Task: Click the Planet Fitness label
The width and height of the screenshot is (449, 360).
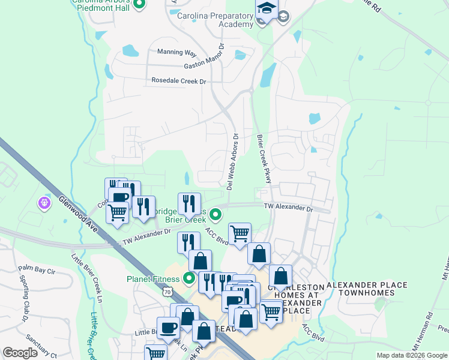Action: pos(152,279)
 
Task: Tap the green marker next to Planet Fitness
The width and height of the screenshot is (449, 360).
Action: pos(189,278)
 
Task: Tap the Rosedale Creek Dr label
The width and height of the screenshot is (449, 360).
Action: pos(178,80)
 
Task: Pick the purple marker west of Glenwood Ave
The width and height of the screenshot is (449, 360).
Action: pos(44,204)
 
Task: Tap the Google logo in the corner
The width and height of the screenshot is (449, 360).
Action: pos(20,353)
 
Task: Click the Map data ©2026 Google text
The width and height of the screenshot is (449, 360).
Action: pos(412,355)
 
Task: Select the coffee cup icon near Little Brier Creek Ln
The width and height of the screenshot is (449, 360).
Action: pos(167,326)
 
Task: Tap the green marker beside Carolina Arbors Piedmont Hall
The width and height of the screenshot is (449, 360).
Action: pos(139,5)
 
